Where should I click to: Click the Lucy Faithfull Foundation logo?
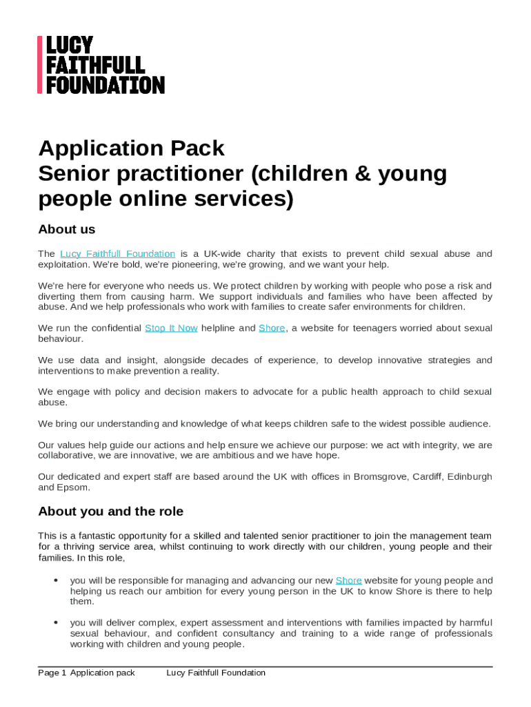tap(101, 65)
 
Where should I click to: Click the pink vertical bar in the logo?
tap(40, 65)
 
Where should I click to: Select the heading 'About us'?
tap(67, 229)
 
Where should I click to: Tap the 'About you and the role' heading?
tap(110, 512)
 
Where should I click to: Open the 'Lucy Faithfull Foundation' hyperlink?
tap(117, 254)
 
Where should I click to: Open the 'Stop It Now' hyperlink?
tap(171, 328)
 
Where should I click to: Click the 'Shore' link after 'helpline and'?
tap(272, 328)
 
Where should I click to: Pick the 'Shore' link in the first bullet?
tap(348, 581)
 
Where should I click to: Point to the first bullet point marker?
tap(55, 581)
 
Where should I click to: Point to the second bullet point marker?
tap(55, 623)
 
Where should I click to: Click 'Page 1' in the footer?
tap(52, 672)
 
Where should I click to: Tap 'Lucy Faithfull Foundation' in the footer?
tap(216, 672)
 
